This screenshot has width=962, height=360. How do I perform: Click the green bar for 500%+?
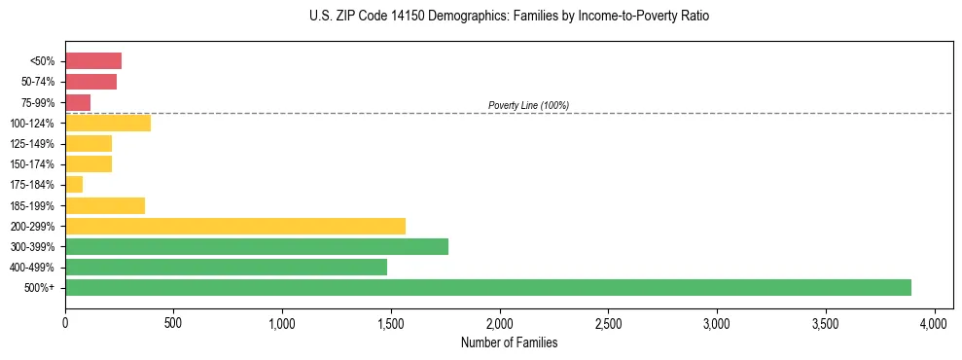pos(487,287)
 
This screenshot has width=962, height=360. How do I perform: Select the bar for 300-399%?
pos(257,246)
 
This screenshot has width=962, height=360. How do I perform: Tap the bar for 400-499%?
pos(226,267)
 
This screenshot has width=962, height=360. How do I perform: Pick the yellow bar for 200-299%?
pos(234,226)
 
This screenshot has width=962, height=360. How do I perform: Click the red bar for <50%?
pos(93,61)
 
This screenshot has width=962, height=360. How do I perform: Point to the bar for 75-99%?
pos(78,102)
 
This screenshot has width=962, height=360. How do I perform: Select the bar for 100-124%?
pos(108,123)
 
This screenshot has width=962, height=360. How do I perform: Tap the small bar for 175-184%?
pos(74,184)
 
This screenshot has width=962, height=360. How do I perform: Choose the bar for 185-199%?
pos(105,205)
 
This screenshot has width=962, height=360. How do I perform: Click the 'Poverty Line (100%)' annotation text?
pos(528,105)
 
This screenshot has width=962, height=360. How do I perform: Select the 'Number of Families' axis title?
pos(509,342)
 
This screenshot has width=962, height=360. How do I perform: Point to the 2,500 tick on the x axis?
pos(608,321)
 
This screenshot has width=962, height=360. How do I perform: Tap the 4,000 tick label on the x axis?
pos(934,321)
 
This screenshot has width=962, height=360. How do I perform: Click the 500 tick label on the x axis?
pos(173,321)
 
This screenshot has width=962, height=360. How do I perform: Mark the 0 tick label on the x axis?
pos(65,321)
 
